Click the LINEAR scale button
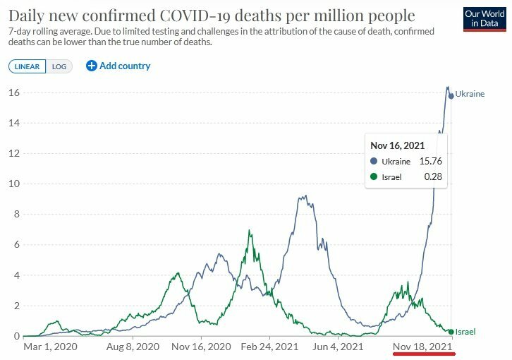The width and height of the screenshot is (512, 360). click(x=28, y=66)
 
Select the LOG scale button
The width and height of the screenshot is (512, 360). click(x=59, y=66)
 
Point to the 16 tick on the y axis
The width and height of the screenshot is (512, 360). click(x=13, y=92)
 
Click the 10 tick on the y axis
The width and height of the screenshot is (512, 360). click(x=13, y=184)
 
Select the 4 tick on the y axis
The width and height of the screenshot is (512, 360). click(x=16, y=275)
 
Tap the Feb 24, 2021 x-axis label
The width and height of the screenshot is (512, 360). click(x=269, y=347)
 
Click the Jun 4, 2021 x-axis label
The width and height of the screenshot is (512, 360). click(x=339, y=347)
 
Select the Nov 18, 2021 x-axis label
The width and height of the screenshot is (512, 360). click(x=422, y=347)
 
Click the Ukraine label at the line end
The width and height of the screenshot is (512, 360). click(x=470, y=93)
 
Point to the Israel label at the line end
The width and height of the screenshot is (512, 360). click(x=465, y=331)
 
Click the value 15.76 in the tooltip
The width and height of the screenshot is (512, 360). click(x=431, y=162)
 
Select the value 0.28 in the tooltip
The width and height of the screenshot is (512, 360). click(x=433, y=177)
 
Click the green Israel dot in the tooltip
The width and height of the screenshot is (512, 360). click(x=374, y=177)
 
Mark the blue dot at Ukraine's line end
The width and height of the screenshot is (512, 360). click(x=451, y=95)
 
